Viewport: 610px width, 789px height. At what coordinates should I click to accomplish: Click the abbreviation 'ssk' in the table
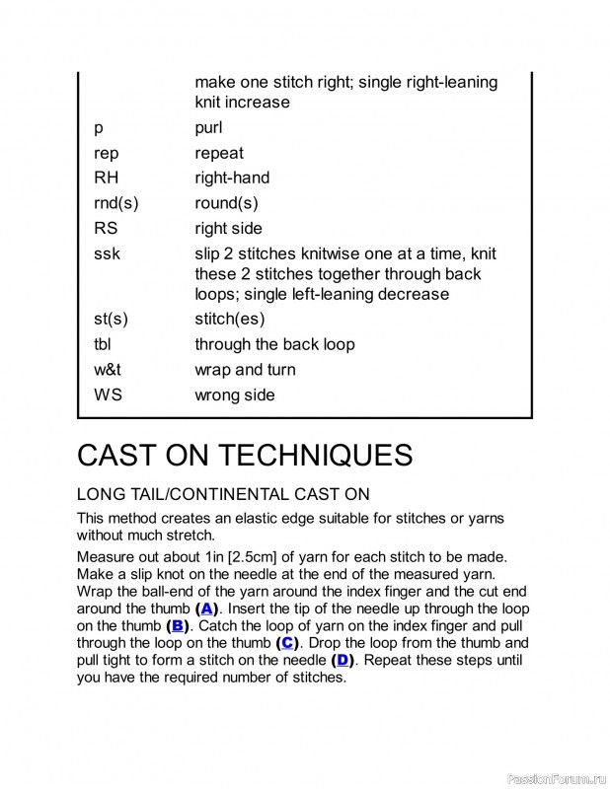point(107,253)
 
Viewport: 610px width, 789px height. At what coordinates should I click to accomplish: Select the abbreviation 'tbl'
point(103,344)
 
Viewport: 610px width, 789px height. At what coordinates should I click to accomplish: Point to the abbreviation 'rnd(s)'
point(115,203)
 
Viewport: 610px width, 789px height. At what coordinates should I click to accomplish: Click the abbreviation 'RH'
point(106,178)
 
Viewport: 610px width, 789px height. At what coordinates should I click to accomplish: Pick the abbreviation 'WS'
point(109,394)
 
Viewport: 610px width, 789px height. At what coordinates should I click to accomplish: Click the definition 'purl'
point(208,127)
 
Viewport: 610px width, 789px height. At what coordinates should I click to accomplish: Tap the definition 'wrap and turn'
point(245,370)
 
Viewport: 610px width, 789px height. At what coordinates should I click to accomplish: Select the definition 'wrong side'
point(234,394)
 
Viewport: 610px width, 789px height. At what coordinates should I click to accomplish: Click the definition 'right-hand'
point(232,178)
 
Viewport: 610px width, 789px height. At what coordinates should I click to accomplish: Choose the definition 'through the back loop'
point(274,344)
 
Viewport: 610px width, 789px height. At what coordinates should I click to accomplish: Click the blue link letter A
point(207,608)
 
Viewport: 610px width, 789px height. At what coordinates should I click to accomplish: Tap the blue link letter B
point(178,625)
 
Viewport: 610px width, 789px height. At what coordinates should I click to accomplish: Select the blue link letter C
point(286,643)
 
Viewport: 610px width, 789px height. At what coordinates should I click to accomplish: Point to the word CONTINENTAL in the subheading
point(227,494)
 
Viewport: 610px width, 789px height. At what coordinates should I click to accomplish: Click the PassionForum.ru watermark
point(555,777)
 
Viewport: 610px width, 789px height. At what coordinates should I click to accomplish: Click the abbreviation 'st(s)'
point(111,319)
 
